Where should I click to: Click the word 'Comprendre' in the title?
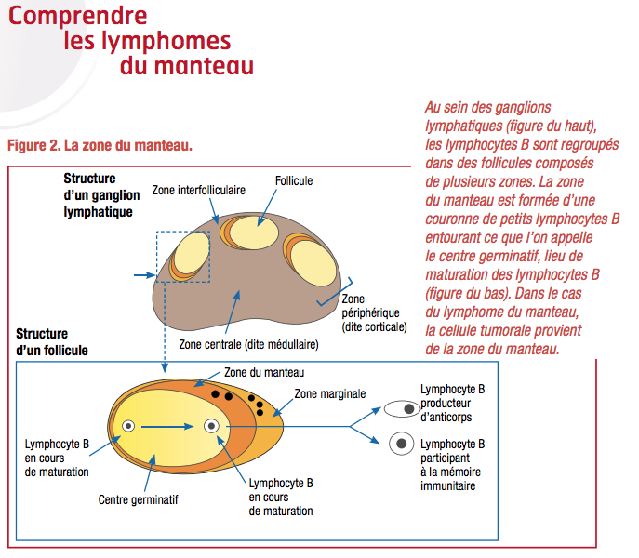pos(83,15)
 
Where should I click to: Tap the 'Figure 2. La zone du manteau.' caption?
pos(100,145)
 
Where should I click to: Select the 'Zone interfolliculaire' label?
pos(199,189)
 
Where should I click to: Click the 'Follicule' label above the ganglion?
pos(294,180)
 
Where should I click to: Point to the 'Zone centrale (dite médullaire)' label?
pos(248,343)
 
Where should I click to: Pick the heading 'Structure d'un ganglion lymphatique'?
pos(98,194)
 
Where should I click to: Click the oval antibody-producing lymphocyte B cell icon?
pos(402,408)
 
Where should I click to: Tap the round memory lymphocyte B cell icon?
pos(402,445)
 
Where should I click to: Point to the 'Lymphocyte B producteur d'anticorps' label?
pos(453,402)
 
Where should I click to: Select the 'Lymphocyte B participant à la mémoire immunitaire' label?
pos(453,464)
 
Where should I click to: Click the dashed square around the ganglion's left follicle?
pos(183,255)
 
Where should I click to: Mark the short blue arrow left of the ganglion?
pos(143,275)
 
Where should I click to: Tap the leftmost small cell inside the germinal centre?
pos(128,426)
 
